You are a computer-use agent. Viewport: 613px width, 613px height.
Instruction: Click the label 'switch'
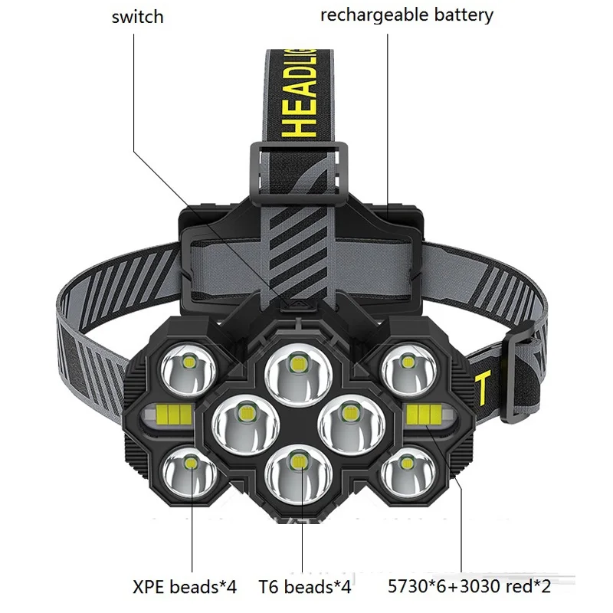pos(137,16)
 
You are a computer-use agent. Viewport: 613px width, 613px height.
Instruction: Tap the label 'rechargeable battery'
pos(406,15)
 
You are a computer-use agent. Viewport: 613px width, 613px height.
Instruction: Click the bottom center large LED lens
pos(295,467)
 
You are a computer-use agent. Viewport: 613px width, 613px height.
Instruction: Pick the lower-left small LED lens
pos(188,467)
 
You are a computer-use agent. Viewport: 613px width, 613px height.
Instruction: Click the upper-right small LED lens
pos(404,366)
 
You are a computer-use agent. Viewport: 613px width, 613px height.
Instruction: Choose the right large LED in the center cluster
pos(348,419)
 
